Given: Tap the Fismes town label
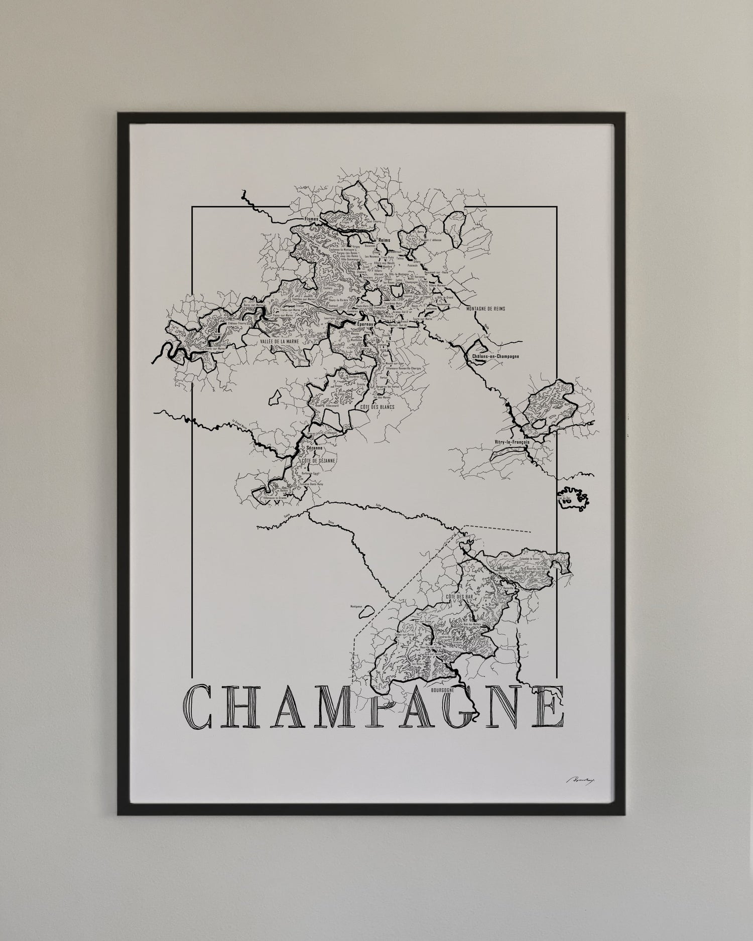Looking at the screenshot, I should tap(311, 220).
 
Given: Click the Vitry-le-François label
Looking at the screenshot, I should tap(511, 442).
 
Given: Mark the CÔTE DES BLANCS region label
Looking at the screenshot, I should tap(378, 407).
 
